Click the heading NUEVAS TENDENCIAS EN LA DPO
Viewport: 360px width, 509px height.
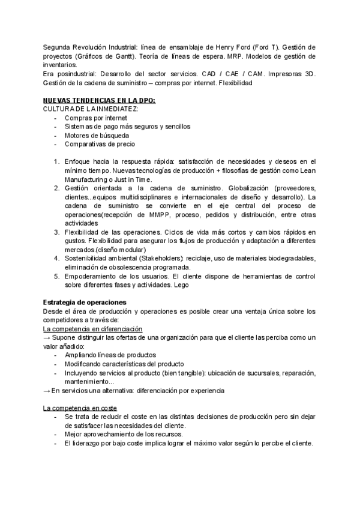[99, 100]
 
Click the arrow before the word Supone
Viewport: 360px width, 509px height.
[47, 338]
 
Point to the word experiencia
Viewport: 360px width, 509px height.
[206, 391]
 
